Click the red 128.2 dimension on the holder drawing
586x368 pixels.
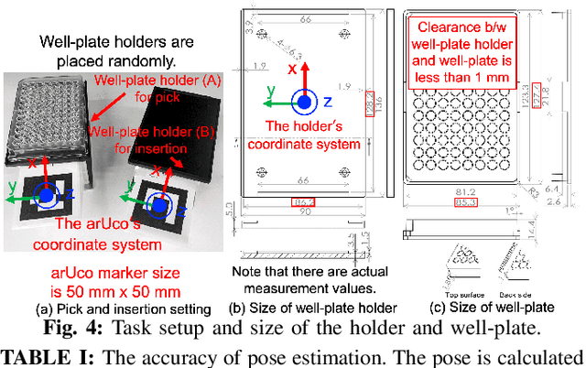[369, 107]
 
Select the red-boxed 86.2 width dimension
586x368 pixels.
[302, 200]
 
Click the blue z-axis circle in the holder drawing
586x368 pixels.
[303, 102]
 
